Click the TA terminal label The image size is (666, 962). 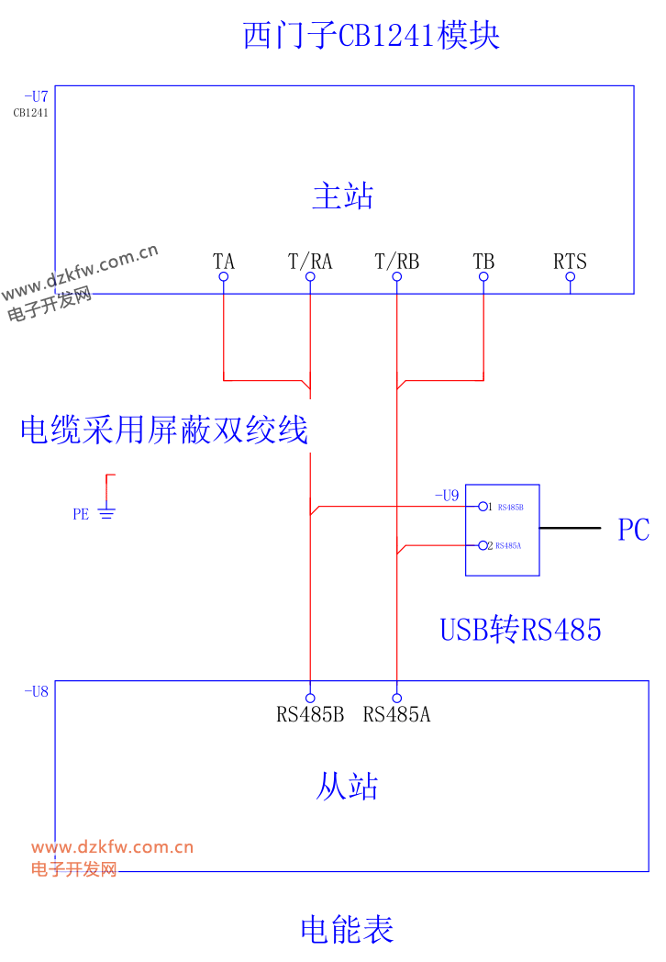(224, 262)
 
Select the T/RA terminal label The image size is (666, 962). (310, 262)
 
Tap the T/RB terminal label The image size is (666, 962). (397, 262)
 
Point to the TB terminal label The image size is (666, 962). (483, 262)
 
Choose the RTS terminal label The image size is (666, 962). (571, 262)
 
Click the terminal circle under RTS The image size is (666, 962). (571, 276)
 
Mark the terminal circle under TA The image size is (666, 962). (224, 276)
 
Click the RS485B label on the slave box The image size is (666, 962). (310, 715)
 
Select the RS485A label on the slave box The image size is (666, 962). (397, 715)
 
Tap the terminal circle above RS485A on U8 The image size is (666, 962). (397, 699)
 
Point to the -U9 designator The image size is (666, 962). (447, 495)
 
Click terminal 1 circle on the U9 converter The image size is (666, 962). (483, 507)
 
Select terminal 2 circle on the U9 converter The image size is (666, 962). (483, 545)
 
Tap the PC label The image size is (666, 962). (634, 530)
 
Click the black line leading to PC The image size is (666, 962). (571, 528)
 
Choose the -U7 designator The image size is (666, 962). (36, 96)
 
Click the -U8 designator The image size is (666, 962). (36, 691)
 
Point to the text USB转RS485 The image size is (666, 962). (521, 630)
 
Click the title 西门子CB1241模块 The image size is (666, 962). (371, 35)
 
